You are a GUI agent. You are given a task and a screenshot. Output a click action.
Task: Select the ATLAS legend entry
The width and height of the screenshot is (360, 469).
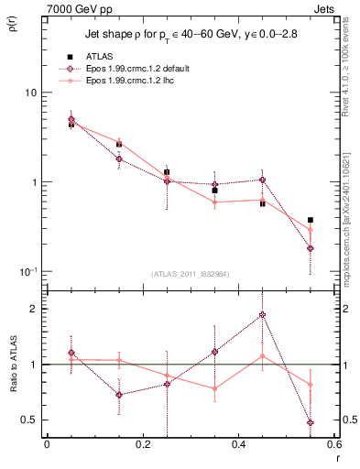click(x=101, y=58)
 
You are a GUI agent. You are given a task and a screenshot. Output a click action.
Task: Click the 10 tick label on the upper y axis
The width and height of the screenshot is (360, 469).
click(x=30, y=93)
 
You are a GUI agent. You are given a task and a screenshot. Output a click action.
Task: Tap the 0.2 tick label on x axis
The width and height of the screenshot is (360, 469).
click(x=143, y=445)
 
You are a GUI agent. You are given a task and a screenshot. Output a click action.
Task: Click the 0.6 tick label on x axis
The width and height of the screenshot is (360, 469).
click(x=334, y=445)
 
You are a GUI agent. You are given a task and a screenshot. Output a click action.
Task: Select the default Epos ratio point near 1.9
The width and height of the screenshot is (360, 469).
click(x=263, y=315)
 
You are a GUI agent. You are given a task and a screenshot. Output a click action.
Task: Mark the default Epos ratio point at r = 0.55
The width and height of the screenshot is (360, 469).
click(x=311, y=422)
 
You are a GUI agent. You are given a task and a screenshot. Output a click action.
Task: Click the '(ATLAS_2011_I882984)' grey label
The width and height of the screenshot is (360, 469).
click(x=190, y=273)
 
